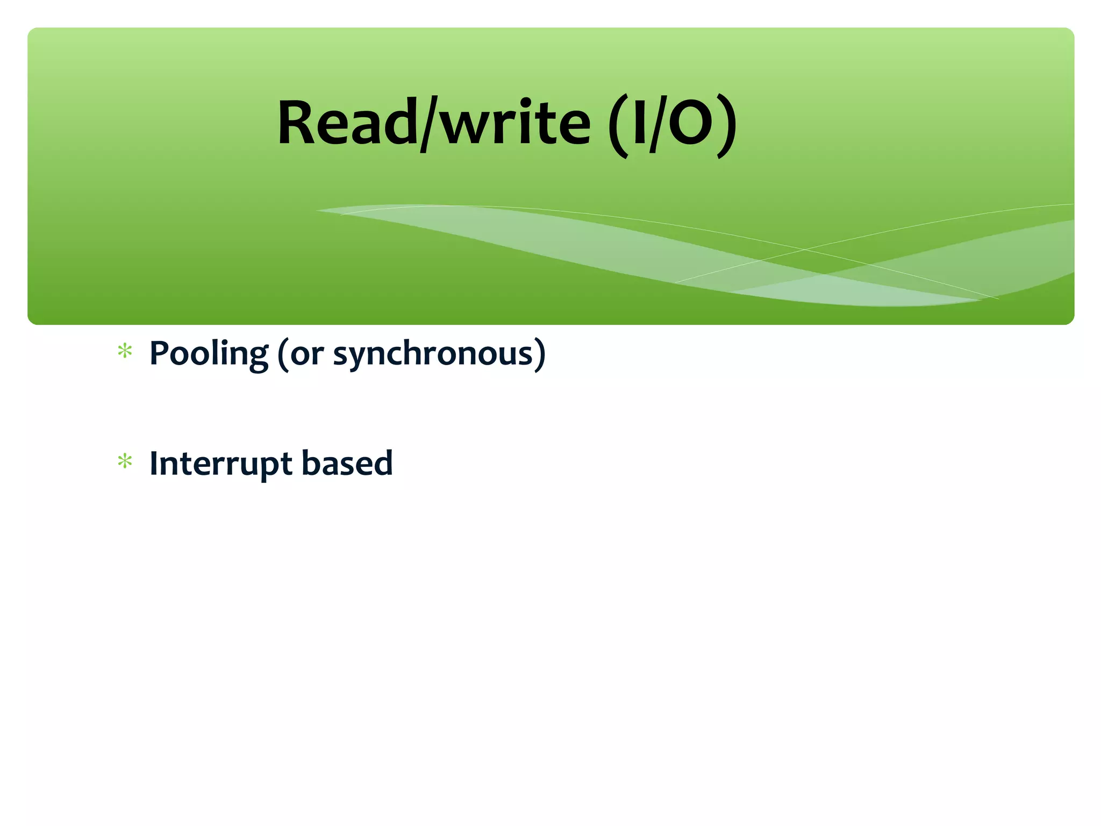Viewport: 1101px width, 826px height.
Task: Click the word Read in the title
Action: coord(347,124)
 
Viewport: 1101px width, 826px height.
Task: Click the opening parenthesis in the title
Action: coord(618,126)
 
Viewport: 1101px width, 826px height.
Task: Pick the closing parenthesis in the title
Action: coord(727,126)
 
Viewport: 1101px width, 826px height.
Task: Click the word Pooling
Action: coord(208,354)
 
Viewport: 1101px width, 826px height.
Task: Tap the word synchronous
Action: coord(433,355)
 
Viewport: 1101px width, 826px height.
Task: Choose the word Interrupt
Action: coord(220,464)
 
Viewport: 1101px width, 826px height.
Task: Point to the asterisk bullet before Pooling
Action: coord(125,352)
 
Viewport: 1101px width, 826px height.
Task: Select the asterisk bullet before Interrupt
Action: coord(125,461)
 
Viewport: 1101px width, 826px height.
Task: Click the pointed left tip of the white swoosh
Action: coord(318,210)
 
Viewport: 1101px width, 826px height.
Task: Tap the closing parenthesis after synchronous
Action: coord(540,355)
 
